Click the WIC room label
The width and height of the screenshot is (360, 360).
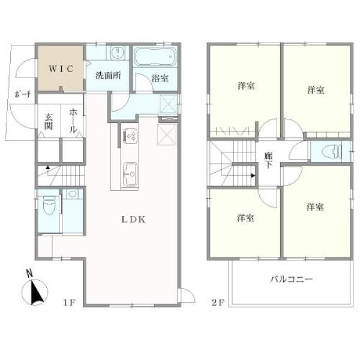coord(61,68)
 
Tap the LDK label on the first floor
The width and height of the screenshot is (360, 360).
coord(133,220)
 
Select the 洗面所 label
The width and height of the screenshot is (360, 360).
coord(108,76)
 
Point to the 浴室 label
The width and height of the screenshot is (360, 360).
coord(160,78)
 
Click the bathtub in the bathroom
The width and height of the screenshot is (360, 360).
coord(155,56)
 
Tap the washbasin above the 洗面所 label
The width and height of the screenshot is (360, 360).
coord(118,53)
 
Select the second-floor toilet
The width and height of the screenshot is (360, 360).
coord(331,152)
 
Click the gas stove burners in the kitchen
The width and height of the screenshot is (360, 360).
coord(131,136)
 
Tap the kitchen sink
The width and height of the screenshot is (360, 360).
coord(130,174)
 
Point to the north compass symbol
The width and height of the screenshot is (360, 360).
coord(34,289)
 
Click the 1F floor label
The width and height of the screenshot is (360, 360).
coord(70,303)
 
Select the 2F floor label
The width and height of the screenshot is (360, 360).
coord(218,303)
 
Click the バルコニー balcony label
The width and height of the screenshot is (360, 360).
coord(292,280)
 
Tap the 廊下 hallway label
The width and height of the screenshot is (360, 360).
coord(268,160)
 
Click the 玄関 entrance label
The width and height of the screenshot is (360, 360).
coord(49,122)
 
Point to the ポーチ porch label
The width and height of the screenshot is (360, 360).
coord(23,94)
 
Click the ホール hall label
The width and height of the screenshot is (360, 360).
coord(73,121)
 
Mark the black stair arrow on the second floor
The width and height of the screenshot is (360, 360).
coord(253,176)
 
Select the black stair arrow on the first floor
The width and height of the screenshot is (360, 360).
coord(47,167)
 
